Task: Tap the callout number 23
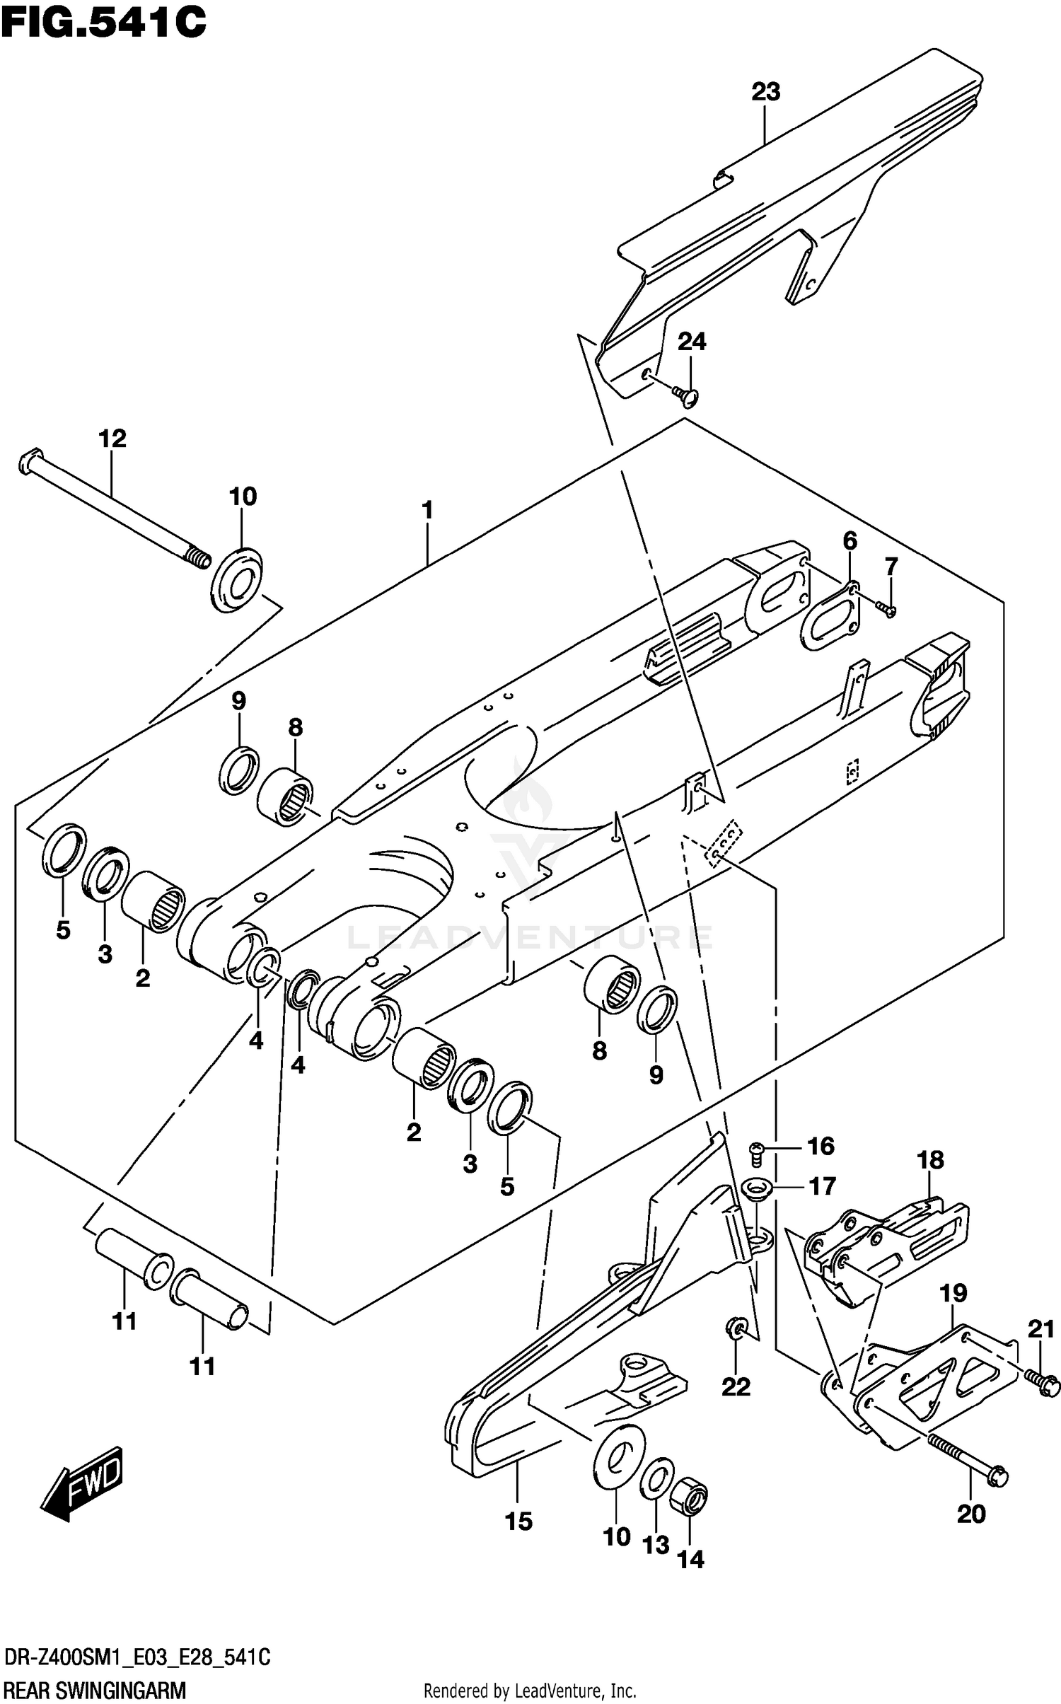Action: [x=765, y=92]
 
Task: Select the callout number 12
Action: [x=112, y=439]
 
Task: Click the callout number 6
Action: [x=850, y=541]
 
